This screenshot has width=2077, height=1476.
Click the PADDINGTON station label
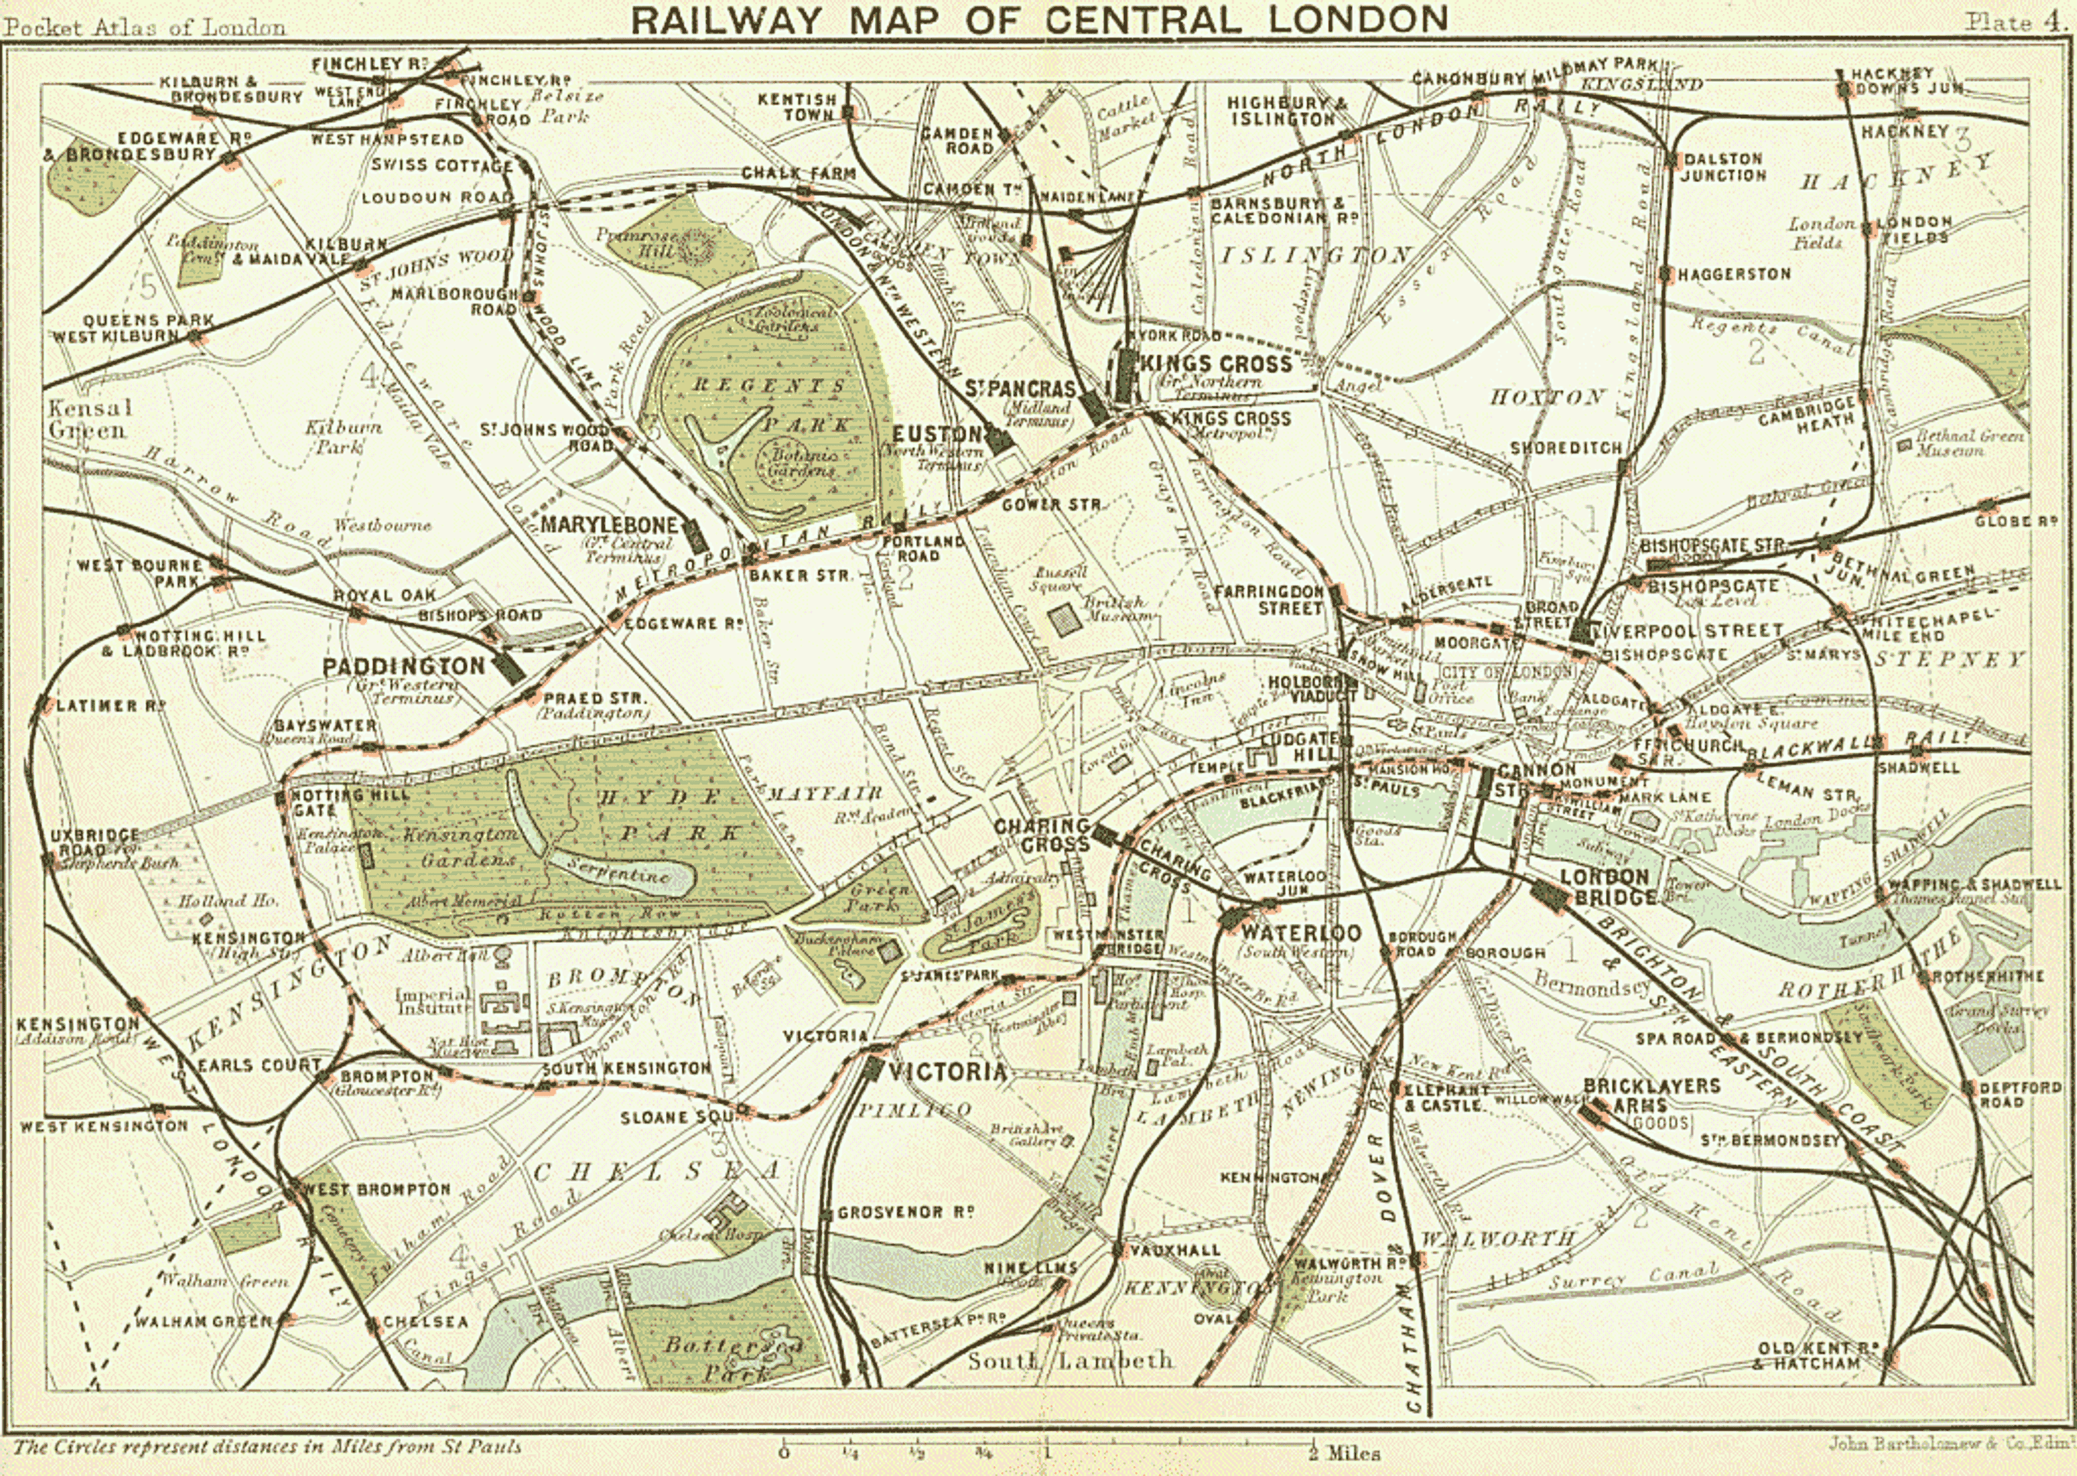[404, 666]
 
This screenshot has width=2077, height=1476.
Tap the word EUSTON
[938, 434]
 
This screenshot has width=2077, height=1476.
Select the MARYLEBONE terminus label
[609, 525]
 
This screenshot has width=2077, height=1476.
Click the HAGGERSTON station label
[1734, 274]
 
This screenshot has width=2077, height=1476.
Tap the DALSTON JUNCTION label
[1723, 167]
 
